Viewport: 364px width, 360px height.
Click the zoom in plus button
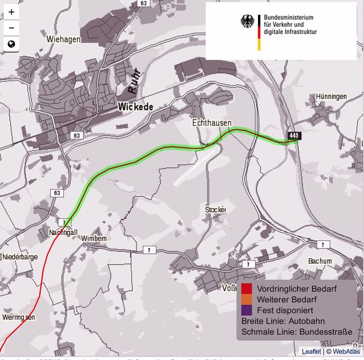11,12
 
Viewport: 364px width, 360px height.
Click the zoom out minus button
11,28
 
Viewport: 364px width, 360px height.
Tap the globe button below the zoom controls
11,44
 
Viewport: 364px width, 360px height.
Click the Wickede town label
136,106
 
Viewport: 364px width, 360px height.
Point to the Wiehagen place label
63,39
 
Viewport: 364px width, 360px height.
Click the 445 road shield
293,136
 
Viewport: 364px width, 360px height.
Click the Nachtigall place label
63,232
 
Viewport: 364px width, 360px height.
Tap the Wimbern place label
94,238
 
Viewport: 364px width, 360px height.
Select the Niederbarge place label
20,257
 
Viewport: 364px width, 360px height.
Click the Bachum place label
320,261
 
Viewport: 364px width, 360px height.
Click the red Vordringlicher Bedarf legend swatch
247,289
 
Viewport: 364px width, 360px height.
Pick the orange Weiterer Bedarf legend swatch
247,300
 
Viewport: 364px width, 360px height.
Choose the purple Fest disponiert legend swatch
247,310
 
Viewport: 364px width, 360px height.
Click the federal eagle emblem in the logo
247,22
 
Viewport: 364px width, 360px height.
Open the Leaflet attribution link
311,352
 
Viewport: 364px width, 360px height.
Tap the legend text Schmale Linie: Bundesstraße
293,332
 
